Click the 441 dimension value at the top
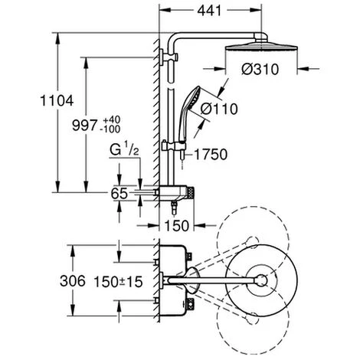[209, 11]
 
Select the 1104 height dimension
[57, 100]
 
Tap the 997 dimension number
[84, 126]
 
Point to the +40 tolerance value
[112, 120]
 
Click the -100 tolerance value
[110, 129]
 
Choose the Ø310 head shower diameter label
[260, 70]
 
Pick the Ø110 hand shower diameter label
[219, 109]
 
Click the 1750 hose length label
[211, 155]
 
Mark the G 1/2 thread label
[124, 150]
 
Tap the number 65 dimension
[119, 194]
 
